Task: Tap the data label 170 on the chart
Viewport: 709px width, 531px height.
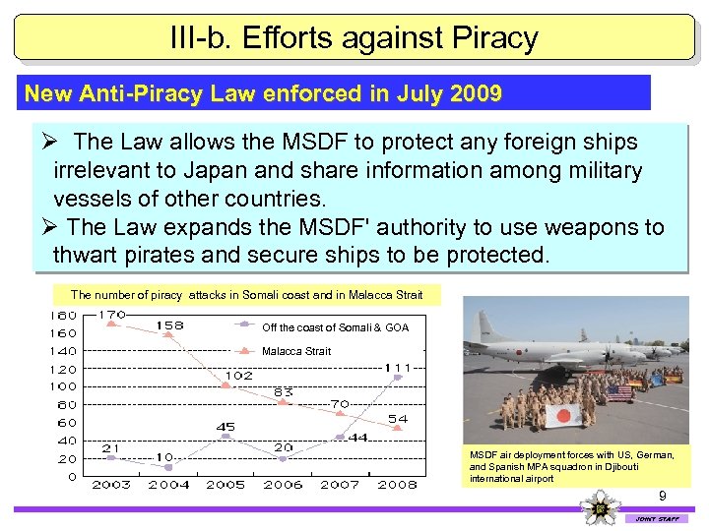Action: [112, 316]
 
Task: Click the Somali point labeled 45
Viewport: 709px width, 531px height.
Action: [226, 437]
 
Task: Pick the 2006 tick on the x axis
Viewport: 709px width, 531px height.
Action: [283, 485]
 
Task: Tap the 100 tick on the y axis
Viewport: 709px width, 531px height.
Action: [65, 386]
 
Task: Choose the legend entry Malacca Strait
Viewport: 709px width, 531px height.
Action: [295, 351]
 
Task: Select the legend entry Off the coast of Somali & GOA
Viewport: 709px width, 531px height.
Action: [334, 327]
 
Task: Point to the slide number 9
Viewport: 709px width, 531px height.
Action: [663, 497]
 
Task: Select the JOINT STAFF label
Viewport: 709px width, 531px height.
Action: [657, 518]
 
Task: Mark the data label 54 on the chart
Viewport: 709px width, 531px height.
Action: [397, 419]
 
